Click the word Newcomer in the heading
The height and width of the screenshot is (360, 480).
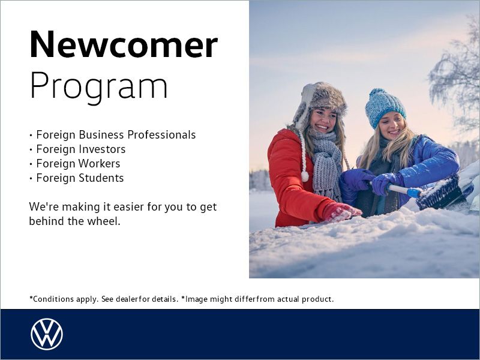pyautogui.click(x=123, y=44)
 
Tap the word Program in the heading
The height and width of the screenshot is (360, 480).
pyautogui.click(x=98, y=86)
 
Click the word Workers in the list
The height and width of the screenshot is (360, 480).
pyautogui.click(x=100, y=164)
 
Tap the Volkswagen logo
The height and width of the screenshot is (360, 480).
pyautogui.click(x=46, y=334)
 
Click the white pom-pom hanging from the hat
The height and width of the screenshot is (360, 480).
pyautogui.click(x=305, y=176)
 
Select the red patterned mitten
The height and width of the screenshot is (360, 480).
pyautogui.click(x=340, y=211)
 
